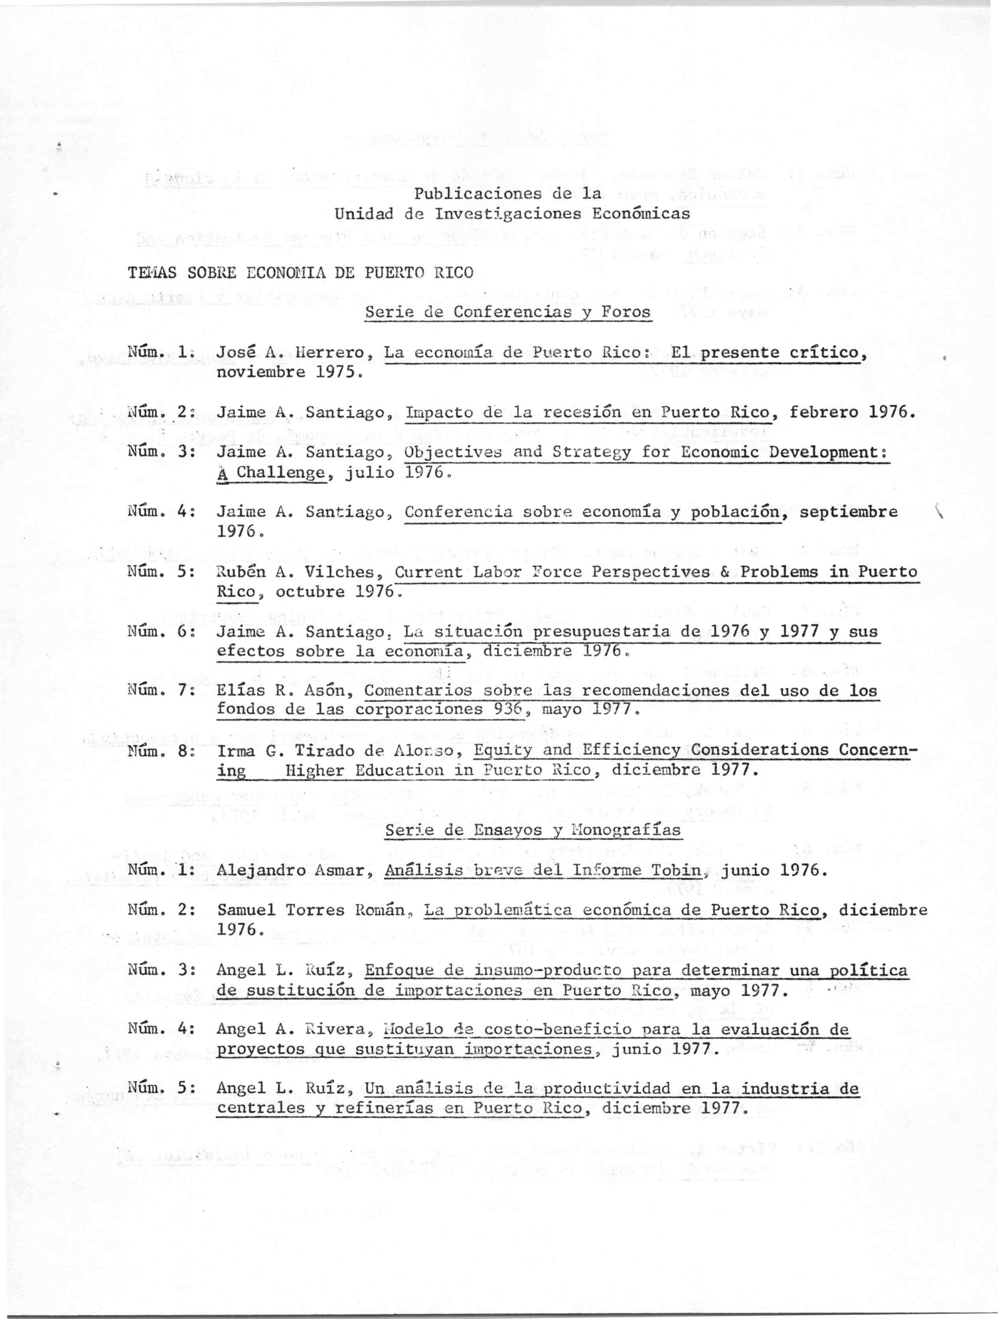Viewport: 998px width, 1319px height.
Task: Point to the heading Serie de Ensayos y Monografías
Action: tap(534, 830)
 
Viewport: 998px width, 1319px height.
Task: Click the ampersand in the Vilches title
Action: tap(725, 572)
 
